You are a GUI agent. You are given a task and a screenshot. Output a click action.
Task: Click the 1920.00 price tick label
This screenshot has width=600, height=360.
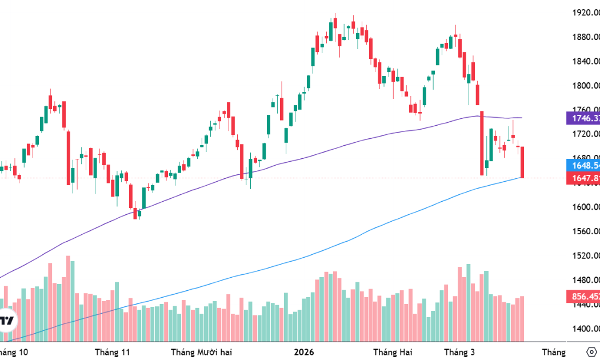point(585,13)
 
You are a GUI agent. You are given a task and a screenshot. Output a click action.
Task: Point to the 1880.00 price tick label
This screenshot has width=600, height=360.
point(585,37)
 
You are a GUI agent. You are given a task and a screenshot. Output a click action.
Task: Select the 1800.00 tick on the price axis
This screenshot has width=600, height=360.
point(585,86)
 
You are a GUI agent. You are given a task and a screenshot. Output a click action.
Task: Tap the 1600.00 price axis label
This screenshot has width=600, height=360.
point(585,207)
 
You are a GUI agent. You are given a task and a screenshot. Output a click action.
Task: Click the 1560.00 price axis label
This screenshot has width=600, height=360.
point(585,231)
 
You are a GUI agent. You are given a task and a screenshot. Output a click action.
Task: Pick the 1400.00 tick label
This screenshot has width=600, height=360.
point(585,329)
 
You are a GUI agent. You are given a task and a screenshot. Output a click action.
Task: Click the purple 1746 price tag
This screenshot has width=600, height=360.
point(583,118)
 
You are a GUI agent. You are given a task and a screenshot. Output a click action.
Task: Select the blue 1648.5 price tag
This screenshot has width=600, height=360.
point(583,166)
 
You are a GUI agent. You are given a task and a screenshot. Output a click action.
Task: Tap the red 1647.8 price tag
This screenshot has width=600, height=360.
point(583,178)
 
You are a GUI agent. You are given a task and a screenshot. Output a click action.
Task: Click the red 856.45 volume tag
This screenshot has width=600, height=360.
point(583,297)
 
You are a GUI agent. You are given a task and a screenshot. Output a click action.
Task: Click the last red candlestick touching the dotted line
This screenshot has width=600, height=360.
point(522,162)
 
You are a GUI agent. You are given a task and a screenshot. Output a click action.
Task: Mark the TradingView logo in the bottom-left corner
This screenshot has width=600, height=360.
point(7,321)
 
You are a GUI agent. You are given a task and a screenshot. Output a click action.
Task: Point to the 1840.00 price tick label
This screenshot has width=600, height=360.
point(585,62)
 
